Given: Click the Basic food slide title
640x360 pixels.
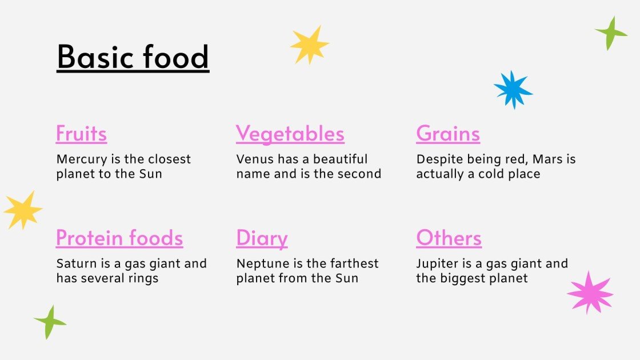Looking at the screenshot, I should click(133, 58).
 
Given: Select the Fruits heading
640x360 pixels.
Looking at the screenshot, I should click(81, 134).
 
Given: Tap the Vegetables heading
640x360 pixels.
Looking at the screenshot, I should click(290, 134).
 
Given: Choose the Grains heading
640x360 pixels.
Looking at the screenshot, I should click(448, 134).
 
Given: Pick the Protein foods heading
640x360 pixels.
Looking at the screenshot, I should click(119, 238).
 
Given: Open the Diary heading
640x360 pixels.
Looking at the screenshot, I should click(262, 238).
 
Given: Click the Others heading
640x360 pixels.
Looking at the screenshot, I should click(449, 238).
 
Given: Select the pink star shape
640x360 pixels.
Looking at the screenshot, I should click(590, 293).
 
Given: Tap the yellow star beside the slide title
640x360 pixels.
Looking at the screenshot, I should click(309, 45).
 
